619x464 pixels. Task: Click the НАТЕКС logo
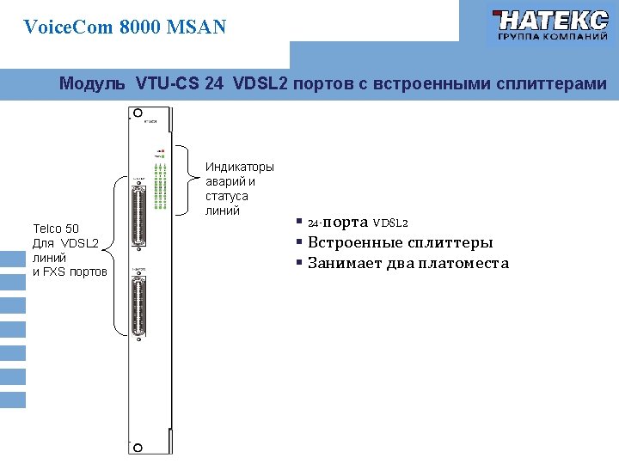[549, 27]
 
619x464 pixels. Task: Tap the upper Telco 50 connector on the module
[138, 211]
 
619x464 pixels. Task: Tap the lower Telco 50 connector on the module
[138, 308]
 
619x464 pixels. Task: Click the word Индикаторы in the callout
[240, 167]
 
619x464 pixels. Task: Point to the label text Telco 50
[56, 229]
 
